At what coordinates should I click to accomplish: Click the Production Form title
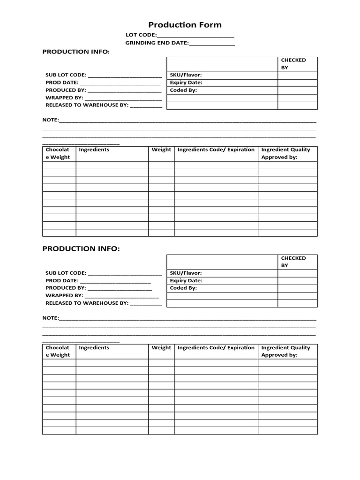click(x=185, y=25)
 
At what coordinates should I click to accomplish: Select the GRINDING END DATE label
click(x=157, y=43)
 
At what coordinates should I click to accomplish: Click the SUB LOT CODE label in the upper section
click(x=66, y=75)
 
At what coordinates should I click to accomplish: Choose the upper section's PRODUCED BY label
click(x=65, y=90)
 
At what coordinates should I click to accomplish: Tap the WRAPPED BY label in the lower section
click(x=64, y=295)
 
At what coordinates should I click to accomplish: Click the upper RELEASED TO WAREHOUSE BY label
click(x=87, y=105)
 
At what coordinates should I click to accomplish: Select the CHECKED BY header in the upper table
click(x=293, y=64)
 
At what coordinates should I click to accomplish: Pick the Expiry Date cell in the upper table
click(x=186, y=82)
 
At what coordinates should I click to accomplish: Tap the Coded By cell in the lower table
click(x=183, y=288)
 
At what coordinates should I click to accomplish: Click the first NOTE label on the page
click(x=51, y=120)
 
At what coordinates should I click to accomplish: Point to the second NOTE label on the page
click(x=51, y=318)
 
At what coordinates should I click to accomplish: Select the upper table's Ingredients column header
click(x=94, y=150)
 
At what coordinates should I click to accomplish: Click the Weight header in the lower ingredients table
click(x=161, y=347)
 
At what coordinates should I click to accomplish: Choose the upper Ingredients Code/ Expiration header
click(x=216, y=150)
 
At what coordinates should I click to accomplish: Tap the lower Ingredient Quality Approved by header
click(x=285, y=351)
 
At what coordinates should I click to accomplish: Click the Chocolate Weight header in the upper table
click(x=58, y=153)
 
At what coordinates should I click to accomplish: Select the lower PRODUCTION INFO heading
click(x=81, y=248)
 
